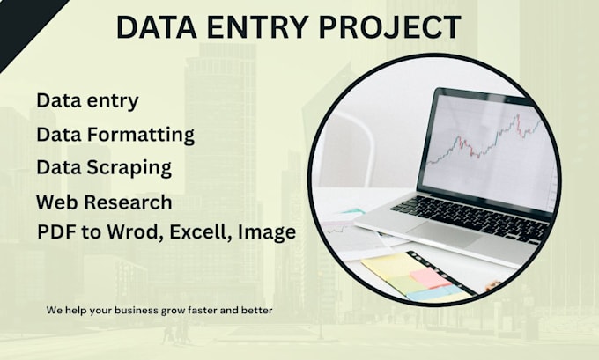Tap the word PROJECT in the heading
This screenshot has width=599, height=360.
(x=389, y=27)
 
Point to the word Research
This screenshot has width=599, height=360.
(x=128, y=202)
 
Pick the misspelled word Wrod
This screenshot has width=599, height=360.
(x=132, y=231)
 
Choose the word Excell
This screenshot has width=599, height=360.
(x=201, y=232)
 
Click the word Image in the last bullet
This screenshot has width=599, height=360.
(x=267, y=232)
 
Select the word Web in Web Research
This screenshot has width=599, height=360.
(x=56, y=202)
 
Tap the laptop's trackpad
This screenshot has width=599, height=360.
(x=444, y=232)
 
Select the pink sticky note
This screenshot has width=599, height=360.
(x=431, y=277)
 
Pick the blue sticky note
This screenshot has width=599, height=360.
(x=435, y=293)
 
